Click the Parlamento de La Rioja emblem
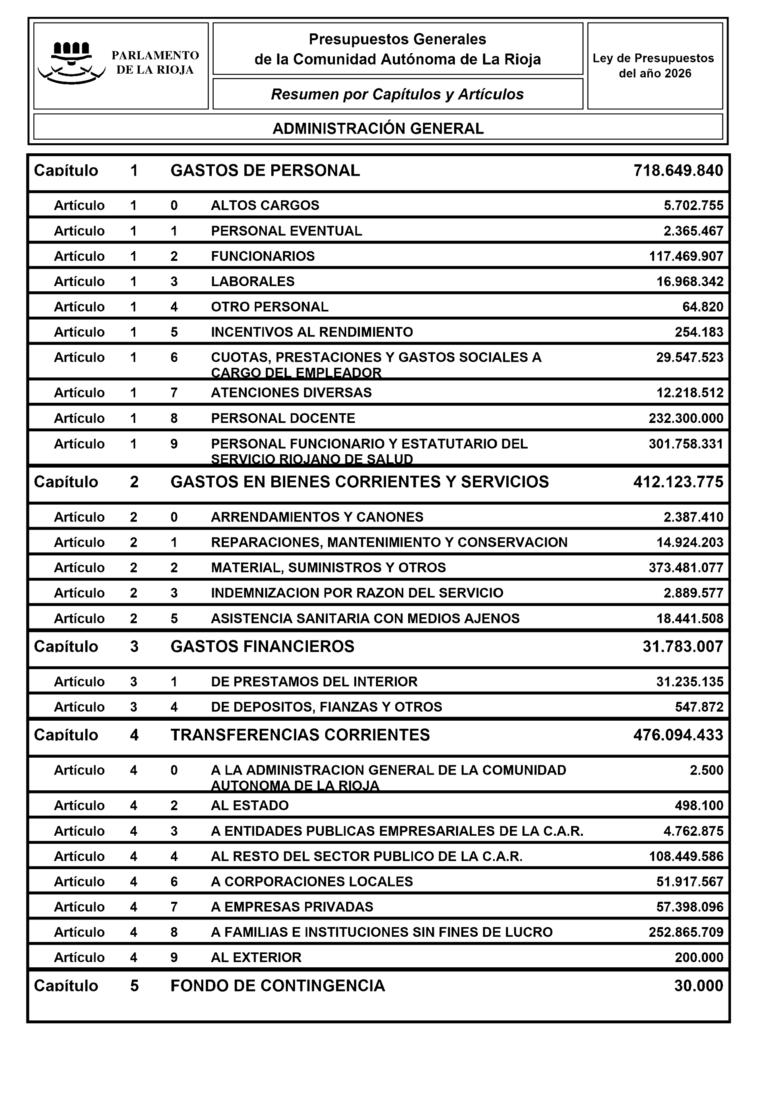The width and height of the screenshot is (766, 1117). point(71,63)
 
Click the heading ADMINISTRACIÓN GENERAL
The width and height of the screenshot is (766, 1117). point(378,128)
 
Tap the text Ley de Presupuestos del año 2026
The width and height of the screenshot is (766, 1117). point(655,66)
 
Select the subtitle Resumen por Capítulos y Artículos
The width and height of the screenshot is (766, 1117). point(397,94)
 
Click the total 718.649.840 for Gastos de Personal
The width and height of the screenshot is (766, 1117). point(678,171)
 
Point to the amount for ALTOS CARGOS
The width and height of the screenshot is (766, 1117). point(694,206)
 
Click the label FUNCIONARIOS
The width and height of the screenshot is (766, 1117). point(262,256)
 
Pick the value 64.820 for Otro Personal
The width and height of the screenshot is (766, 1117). point(702,307)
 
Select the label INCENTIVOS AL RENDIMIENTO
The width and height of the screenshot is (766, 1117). point(312,332)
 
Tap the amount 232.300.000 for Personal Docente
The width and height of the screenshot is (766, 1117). point(686,418)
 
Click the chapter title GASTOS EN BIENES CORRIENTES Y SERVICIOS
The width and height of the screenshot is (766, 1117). point(359,482)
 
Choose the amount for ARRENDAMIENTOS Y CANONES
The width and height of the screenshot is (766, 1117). point(694,517)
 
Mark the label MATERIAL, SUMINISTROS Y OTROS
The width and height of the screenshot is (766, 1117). point(328,568)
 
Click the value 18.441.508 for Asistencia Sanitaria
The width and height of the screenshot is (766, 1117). point(690,618)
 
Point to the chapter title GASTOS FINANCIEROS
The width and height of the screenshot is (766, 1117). point(262,647)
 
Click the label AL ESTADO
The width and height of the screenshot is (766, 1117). point(250,806)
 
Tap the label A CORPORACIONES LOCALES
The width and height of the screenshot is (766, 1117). point(312,882)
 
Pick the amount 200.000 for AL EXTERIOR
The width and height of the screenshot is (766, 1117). point(699,957)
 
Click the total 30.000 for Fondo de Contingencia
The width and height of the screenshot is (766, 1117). point(698,986)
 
